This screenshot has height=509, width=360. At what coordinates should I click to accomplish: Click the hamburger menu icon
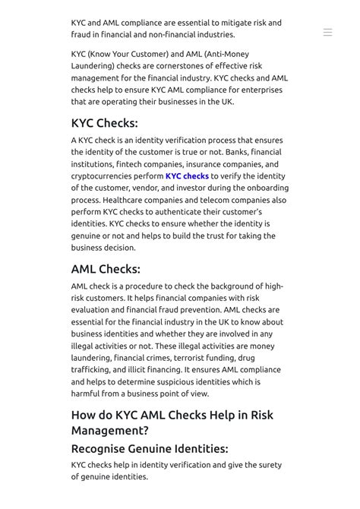(327, 33)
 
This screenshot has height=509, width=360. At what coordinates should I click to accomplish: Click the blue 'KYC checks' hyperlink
(187, 176)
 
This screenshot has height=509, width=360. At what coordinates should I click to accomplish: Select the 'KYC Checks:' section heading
(104, 123)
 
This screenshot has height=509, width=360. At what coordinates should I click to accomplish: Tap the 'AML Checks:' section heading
(106, 269)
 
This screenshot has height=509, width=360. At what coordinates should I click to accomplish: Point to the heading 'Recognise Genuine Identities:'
(150, 448)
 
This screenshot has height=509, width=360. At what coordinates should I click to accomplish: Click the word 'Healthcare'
(126, 201)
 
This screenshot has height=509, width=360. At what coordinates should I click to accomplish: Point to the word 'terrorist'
(190, 358)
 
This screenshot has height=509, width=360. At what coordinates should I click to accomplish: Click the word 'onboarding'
(261, 188)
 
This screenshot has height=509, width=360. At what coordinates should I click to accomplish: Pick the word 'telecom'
(202, 201)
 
